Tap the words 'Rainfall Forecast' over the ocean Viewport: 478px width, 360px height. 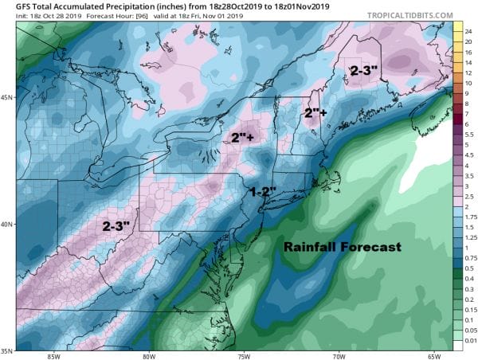(343, 248)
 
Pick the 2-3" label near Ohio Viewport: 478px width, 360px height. (119, 225)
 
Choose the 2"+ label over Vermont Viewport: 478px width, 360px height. (316, 114)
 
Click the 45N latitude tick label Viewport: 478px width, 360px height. (7, 98)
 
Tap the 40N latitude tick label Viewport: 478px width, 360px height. (7, 224)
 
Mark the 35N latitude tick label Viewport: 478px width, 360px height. (7, 350)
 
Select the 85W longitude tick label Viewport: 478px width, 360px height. (55, 355)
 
